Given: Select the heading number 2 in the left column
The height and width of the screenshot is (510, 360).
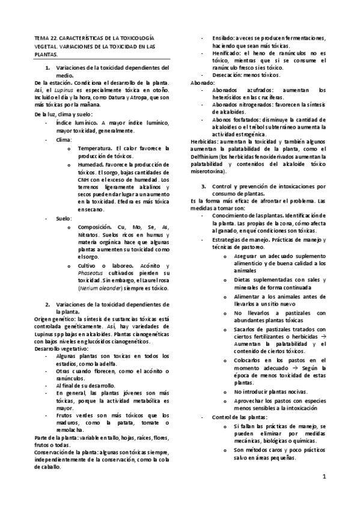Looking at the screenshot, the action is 47,304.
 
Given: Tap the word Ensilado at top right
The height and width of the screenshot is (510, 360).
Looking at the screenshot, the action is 221,37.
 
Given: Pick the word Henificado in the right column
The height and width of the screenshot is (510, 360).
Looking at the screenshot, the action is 224,53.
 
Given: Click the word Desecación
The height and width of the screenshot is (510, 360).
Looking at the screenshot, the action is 226,76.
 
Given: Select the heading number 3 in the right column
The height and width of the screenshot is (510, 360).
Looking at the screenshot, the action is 203,186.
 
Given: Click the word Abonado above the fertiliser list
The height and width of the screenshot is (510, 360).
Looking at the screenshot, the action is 198,82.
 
